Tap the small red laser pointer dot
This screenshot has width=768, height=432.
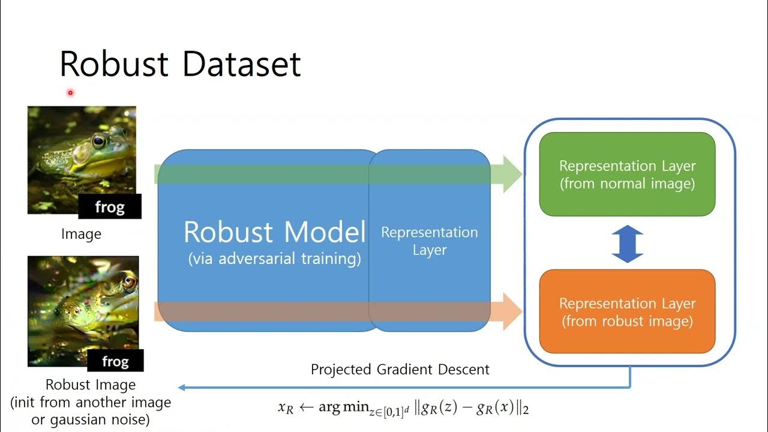[x=70, y=92]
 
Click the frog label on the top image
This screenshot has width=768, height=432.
[x=110, y=207]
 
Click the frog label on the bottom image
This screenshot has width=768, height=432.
[x=115, y=361]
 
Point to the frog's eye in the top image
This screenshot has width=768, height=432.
[x=99, y=142]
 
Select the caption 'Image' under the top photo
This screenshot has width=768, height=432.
[x=81, y=234]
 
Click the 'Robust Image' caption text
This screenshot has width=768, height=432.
[x=91, y=385]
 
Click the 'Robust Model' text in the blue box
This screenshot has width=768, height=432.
[x=274, y=232]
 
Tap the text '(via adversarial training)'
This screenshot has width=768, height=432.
[x=274, y=259]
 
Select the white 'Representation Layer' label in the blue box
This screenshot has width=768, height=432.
[x=429, y=240]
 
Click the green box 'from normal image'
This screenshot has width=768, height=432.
[x=627, y=174]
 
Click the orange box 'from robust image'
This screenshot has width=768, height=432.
[x=627, y=312]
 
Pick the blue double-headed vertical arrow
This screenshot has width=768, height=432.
[x=627, y=244]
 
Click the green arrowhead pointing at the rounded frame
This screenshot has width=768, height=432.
[x=512, y=174]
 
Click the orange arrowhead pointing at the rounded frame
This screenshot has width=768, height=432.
[x=512, y=311]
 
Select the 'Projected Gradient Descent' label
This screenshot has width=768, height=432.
[x=400, y=369]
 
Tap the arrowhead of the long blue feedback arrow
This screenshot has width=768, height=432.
[x=182, y=388]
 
